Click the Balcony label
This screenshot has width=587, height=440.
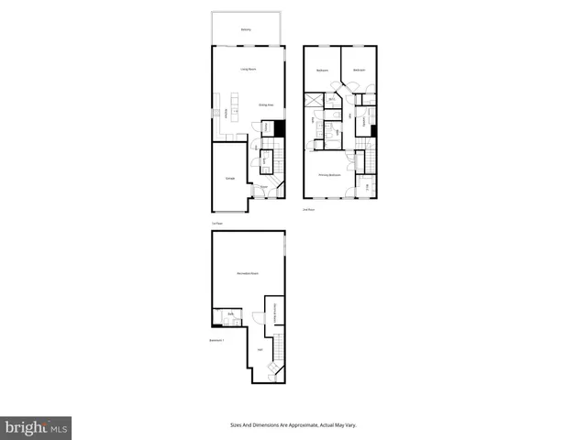pos(246,29)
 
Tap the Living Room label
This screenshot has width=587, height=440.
pos(247,70)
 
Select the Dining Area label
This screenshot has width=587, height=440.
pos(266,105)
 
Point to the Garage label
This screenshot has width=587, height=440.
pos(229,178)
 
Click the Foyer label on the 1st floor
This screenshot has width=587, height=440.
pos(263,187)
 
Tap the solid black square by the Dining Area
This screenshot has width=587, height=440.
pos(281,129)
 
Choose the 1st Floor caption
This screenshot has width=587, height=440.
pos(217,223)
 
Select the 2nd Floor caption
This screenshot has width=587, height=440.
pos(309,209)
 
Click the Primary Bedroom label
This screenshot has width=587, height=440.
pos(330,174)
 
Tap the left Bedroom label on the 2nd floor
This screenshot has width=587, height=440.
pos(322,71)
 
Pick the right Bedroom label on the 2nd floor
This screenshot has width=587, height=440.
pos(359,71)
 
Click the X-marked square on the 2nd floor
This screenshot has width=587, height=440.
pos(314,102)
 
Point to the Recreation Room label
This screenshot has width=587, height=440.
pos(247,274)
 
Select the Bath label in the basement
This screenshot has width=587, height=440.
pos(230,313)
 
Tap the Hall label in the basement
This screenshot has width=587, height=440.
pos(260,349)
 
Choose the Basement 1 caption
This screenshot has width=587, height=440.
pos(217,340)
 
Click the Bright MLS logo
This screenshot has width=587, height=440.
pos(36,427)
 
